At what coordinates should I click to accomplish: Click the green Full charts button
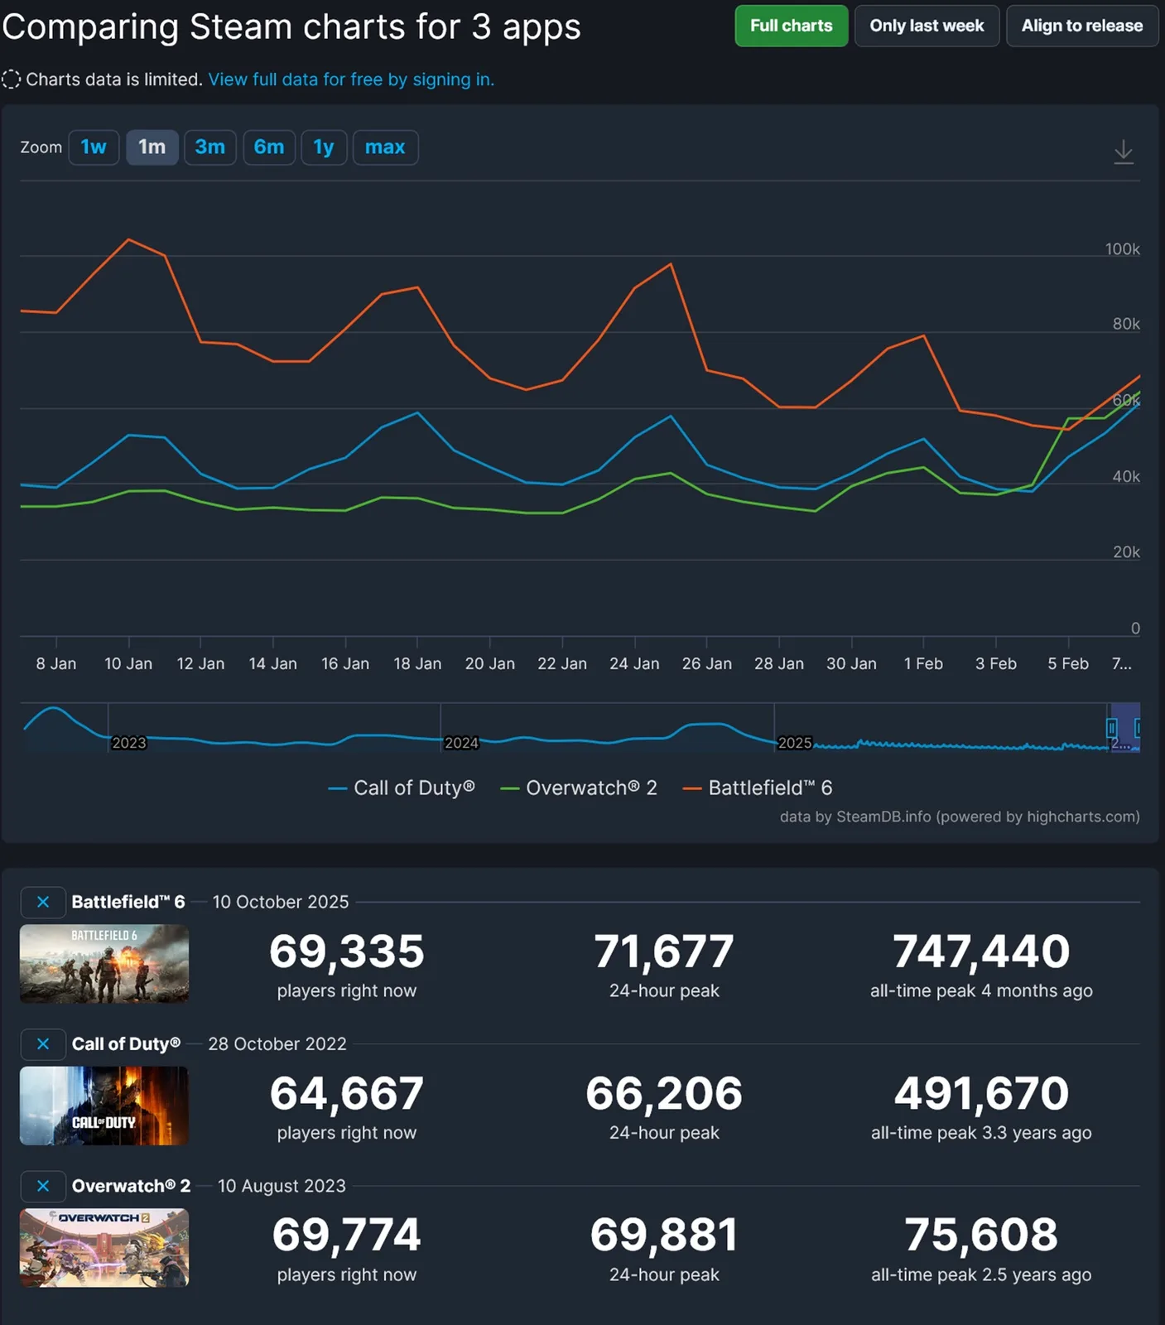(791, 26)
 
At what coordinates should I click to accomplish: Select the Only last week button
(927, 26)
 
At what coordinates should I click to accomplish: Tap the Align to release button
(1081, 26)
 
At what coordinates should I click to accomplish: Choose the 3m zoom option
(209, 147)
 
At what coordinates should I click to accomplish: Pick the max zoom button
(385, 147)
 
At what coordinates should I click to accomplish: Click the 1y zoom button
(323, 147)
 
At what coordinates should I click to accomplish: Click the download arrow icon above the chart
(1123, 152)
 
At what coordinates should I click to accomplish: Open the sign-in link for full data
(351, 79)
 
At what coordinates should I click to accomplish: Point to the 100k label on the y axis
(1122, 249)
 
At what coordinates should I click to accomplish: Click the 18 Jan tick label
(417, 663)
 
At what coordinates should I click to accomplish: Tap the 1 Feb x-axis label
(923, 663)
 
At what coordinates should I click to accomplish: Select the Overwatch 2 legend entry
(580, 788)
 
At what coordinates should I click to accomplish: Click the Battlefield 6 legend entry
(758, 788)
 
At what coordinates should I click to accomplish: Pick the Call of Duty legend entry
(402, 788)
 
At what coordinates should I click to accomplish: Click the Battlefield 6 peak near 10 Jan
(128, 239)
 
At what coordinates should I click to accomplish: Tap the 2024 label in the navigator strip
(461, 743)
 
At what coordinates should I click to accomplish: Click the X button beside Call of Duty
(43, 1044)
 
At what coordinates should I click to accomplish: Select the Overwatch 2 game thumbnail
(104, 1247)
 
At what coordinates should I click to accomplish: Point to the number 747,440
(981, 951)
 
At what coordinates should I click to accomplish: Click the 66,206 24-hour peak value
(664, 1093)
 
